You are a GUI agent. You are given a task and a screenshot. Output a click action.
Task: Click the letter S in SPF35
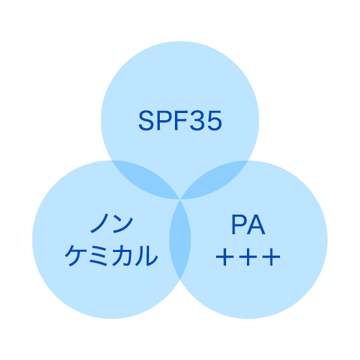click(x=146, y=120)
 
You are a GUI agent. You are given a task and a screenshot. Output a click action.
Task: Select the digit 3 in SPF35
click(x=197, y=120)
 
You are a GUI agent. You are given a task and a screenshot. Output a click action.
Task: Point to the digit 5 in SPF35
click(x=214, y=121)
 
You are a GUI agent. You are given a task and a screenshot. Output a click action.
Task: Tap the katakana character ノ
click(x=99, y=224)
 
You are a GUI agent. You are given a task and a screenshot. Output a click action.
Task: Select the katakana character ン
click(x=123, y=224)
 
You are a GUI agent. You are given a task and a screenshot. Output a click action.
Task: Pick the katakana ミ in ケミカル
click(x=99, y=256)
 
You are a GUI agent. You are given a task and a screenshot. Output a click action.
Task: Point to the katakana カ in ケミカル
click(x=122, y=256)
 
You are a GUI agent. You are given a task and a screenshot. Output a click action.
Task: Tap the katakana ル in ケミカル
click(x=146, y=256)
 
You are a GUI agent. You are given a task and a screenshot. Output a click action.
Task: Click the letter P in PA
click(x=238, y=225)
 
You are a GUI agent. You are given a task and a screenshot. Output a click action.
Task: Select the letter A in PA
click(x=256, y=225)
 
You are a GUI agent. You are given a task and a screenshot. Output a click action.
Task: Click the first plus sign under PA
click(x=225, y=257)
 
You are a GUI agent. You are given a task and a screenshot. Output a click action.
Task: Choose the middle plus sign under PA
click(x=248, y=257)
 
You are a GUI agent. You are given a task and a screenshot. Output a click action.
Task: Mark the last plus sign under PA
click(x=271, y=257)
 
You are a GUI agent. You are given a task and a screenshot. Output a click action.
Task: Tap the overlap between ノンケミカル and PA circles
click(x=180, y=240)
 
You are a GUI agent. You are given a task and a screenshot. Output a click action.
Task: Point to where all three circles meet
click(x=180, y=199)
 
